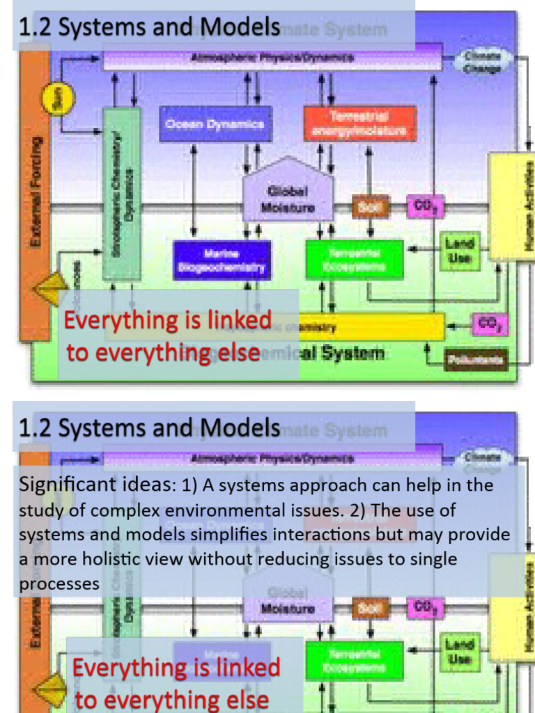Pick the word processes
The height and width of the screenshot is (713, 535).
(59, 584)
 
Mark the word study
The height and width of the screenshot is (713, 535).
(41, 510)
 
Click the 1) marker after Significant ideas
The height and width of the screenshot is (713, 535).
(191, 485)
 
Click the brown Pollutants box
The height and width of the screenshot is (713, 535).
(476, 359)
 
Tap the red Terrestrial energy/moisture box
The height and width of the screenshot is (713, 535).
(359, 123)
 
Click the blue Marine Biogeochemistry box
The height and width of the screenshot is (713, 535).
(222, 260)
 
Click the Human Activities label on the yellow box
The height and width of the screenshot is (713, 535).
(527, 206)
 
